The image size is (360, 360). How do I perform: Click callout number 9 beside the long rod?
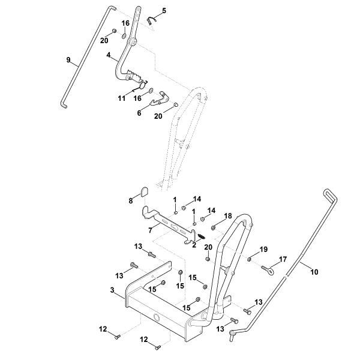pos(68,59)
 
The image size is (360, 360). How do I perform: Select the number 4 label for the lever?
pos(108,55)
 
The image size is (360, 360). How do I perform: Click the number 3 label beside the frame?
pos(113,290)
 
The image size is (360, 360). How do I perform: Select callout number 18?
pos(228,215)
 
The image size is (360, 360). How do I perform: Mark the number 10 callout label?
pos(314,272)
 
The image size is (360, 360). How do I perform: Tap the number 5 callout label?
pos(164,11)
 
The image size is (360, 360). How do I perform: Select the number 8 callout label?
pos(130,201)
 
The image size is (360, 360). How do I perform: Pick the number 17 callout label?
pos(283,260)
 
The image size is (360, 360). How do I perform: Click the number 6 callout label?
pos(139,112)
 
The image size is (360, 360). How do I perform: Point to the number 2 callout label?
pos(194,244)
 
